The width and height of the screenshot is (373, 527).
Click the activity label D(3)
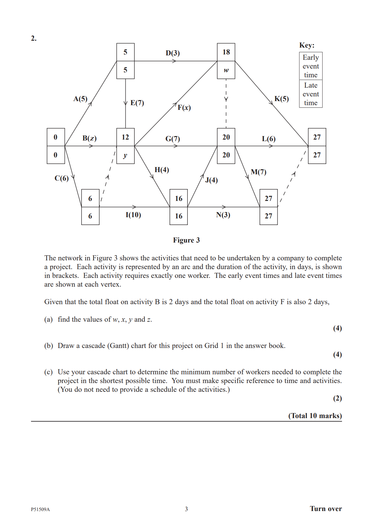tap(173, 53)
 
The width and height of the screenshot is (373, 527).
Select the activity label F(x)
tap(184, 108)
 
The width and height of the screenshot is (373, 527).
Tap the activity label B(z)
tap(89, 138)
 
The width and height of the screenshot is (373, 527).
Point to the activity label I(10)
tap(133, 215)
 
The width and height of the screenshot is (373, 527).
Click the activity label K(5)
tap(281, 99)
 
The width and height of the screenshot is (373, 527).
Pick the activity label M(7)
tap(259, 172)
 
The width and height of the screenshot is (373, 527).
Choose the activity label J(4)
tap(211, 180)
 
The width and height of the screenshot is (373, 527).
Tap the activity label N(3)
tap(223, 215)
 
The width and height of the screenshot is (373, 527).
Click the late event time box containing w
tap(226, 70)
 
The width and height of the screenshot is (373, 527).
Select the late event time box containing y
tap(125, 155)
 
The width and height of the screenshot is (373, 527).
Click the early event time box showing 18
tap(226, 52)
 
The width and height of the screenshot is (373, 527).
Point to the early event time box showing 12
tap(125, 137)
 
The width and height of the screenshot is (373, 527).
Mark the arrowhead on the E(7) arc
tap(125, 103)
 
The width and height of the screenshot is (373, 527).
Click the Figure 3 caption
tap(186, 240)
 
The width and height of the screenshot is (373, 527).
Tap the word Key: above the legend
tap(307, 45)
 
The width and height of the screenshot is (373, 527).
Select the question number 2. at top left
tap(34, 38)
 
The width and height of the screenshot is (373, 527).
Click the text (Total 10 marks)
tap(315, 416)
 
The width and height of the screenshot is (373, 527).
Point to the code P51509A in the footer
tap(40, 509)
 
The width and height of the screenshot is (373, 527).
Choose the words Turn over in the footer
tap(326, 509)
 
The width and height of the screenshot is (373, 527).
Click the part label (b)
tap(49, 346)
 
